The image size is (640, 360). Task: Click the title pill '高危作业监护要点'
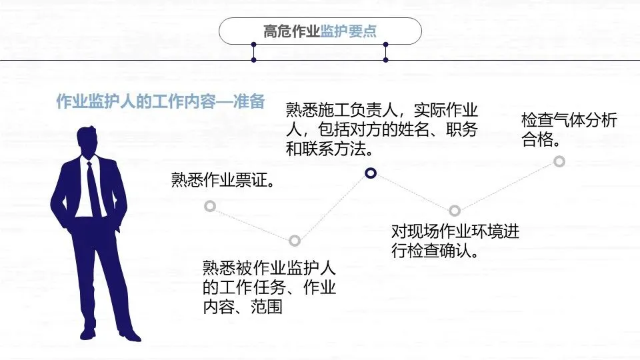click(x=320, y=31)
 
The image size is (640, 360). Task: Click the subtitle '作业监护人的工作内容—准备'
click(x=160, y=102)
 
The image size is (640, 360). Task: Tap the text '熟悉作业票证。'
click(x=224, y=180)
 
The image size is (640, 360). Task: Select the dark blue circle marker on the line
click(x=371, y=174)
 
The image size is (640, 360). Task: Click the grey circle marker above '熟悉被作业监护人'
click(x=295, y=241)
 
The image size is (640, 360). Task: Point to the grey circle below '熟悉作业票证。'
click(x=209, y=206)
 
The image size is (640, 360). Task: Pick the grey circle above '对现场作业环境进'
click(x=455, y=211)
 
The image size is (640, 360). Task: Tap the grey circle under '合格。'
click(x=559, y=161)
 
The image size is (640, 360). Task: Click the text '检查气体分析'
click(x=569, y=121)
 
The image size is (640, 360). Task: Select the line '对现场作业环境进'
click(x=455, y=232)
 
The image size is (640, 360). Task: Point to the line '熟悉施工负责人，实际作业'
click(x=382, y=109)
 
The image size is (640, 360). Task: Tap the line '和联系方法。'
click(x=329, y=149)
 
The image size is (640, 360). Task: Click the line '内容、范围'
click(x=242, y=307)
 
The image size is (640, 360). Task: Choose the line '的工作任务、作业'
click(x=269, y=288)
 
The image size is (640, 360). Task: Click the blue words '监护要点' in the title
click(x=348, y=31)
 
